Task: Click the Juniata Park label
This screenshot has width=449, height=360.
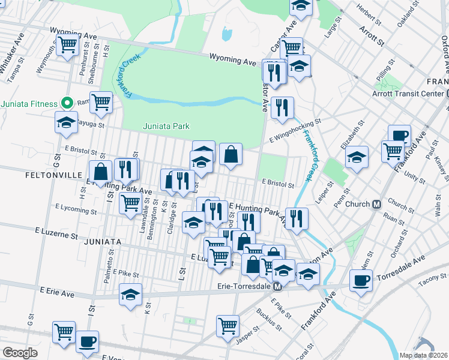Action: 166,126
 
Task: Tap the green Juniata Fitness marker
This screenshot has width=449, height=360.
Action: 68,103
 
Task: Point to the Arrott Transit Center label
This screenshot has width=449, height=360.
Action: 408,93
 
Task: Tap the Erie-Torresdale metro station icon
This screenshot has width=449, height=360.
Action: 277,287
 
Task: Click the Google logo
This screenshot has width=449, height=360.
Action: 20,353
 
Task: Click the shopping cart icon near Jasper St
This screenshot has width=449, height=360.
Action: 228,326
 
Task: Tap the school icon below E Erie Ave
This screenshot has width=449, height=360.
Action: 130,294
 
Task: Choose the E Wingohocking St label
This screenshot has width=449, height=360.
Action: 295,125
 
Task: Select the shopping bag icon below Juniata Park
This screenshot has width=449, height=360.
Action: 231,154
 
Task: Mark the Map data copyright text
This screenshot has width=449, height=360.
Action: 424,355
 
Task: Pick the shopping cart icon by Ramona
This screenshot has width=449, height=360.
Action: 101,102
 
